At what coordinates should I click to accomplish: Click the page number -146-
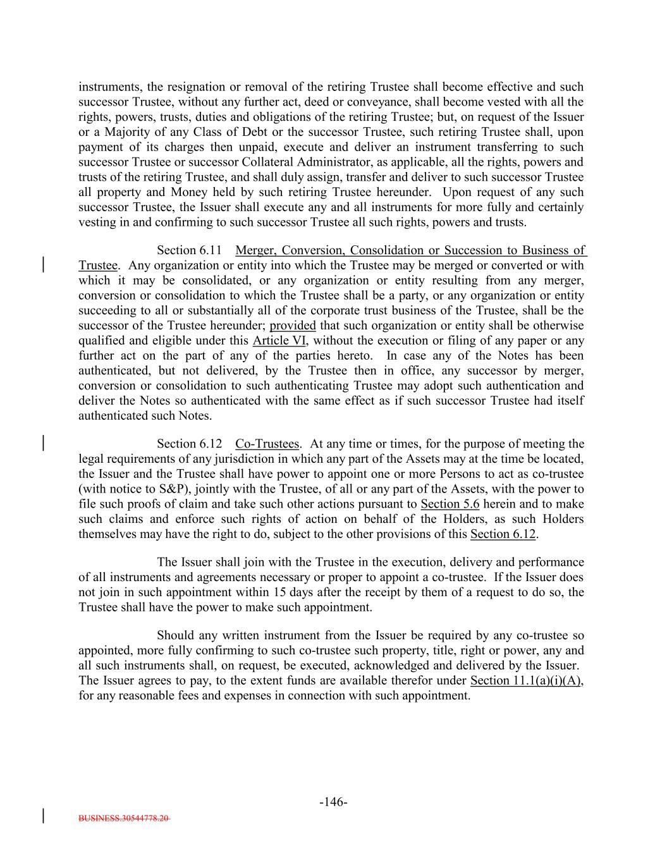[x=333, y=802]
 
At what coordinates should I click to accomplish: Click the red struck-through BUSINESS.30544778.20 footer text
[x=125, y=818]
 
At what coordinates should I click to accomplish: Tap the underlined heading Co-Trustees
[x=267, y=444]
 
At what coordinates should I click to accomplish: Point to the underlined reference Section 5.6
[x=450, y=504]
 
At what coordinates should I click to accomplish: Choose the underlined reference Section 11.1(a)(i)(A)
[x=526, y=681]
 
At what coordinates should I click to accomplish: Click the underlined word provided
[x=292, y=326]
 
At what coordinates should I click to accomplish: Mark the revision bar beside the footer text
[x=43, y=815]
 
